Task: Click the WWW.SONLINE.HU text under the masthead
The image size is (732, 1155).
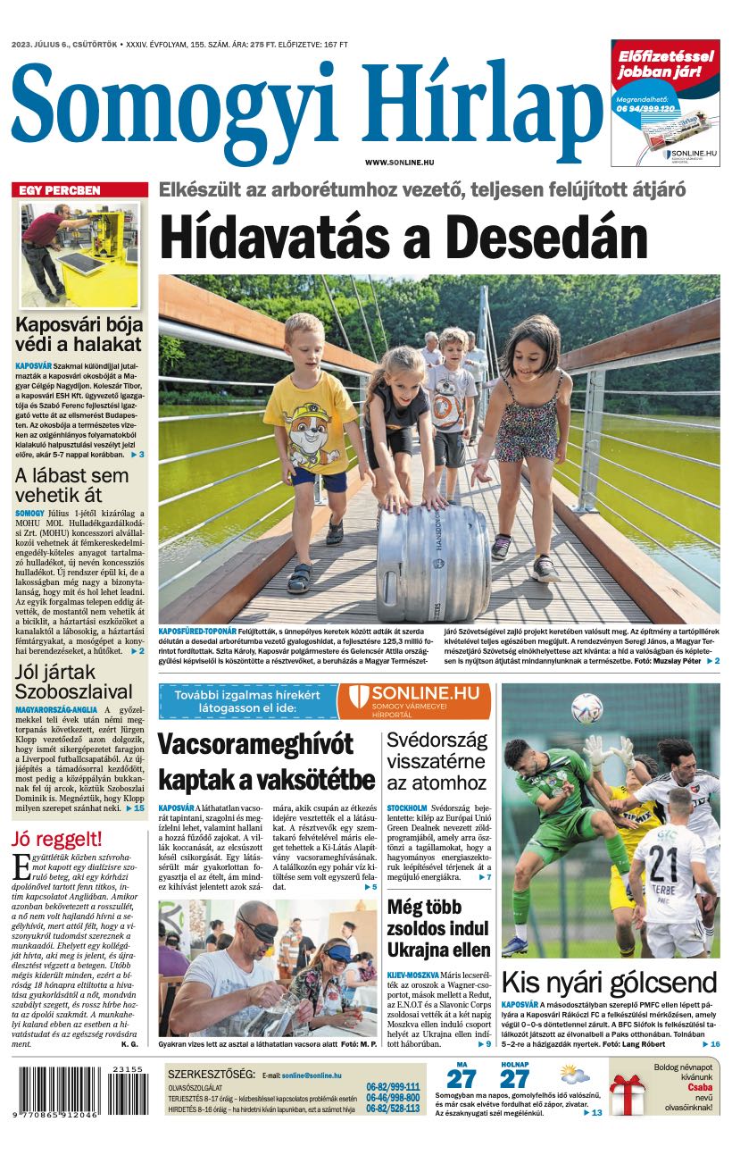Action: coord(399,162)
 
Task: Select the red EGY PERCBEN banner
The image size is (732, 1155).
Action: coord(79,190)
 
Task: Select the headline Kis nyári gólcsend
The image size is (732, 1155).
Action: coord(609,983)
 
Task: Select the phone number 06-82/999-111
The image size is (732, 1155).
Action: coord(393,1087)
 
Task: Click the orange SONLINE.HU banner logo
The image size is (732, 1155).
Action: coord(413,700)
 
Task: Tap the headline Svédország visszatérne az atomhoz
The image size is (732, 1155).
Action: coord(437,761)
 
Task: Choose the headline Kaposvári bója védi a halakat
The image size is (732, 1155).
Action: coord(79,334)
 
